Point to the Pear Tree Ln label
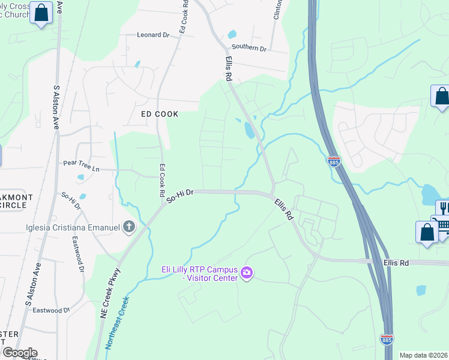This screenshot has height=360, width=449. (81, 166)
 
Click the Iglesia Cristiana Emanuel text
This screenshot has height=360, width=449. (72, 227)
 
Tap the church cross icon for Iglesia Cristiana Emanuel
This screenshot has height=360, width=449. (128, 227)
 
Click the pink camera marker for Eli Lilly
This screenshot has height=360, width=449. (246, 274)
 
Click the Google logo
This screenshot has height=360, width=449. (20, 353)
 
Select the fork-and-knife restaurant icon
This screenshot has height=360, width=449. (444, 208)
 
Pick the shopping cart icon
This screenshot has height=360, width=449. (444, 226)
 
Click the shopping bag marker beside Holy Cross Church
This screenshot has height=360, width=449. (42, 13)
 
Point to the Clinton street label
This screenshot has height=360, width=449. (278, 10)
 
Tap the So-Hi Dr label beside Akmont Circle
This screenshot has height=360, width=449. (71, 202)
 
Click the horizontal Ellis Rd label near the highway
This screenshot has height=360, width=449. (396, 263)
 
